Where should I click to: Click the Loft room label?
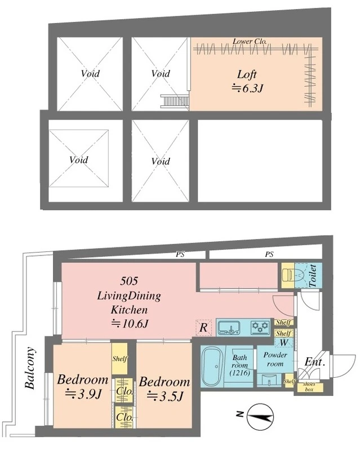[247, 75]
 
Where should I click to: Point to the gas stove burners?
[260, 328]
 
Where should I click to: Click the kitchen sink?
[229, 328]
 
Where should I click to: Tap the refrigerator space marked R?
[203, 328]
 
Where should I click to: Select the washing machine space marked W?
[284, 343]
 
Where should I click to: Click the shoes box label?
[309, 387]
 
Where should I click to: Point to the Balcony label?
[30, 368]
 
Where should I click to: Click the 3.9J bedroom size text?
[83, 393]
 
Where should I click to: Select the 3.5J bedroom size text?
[165, 397]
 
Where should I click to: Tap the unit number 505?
[130, 281]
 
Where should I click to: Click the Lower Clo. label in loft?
[250, 41]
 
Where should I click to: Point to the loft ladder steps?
[175, 101]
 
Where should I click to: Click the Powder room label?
[275, 359]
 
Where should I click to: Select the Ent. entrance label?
[314, 362]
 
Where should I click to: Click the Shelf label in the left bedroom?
[119, 359]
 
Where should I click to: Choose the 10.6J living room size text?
[130, 324]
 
